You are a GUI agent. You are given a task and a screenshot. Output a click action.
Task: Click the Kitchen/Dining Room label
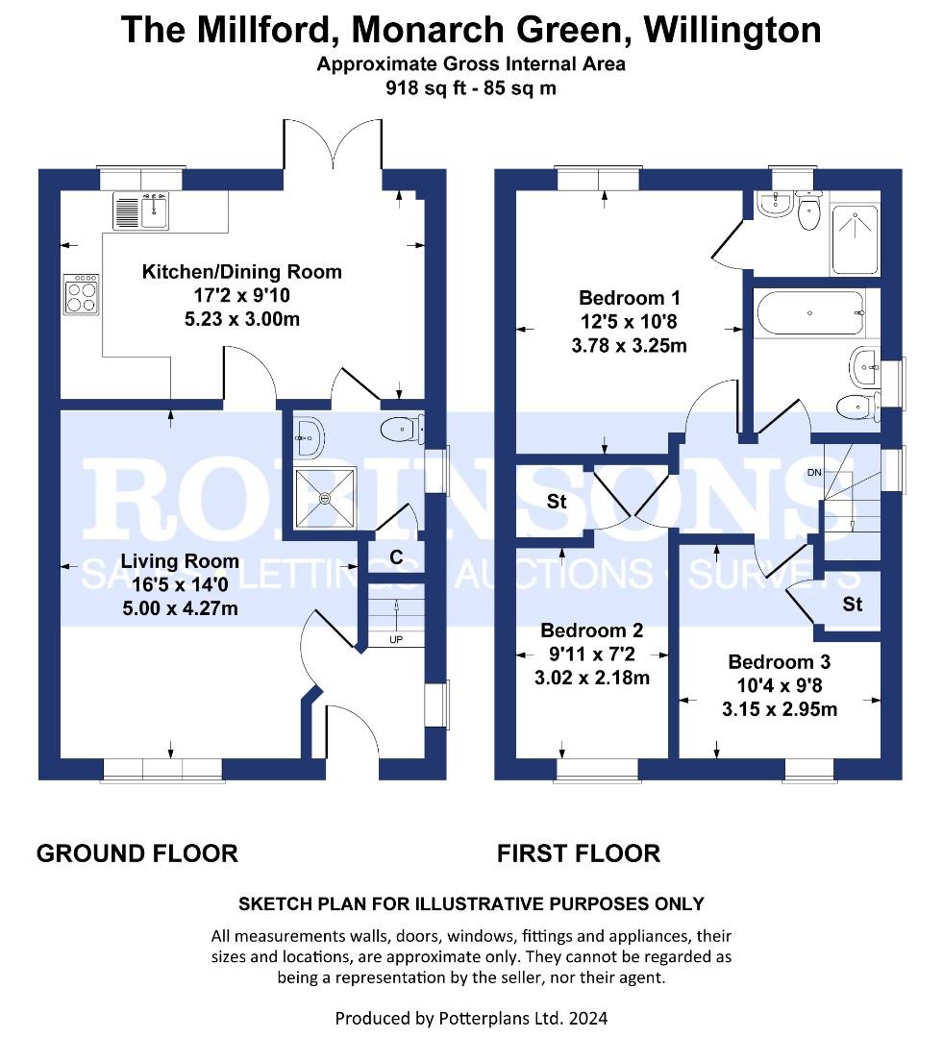pos(241,271)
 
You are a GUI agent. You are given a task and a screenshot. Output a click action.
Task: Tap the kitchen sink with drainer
pos(140,210)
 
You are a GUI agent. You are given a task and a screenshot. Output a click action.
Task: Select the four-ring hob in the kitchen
pos(82,294)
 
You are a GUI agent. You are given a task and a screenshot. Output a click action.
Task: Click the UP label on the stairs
pos(396,639)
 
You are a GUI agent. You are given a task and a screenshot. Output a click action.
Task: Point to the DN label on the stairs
pos(814,472)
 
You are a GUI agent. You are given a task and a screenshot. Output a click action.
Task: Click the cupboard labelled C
pos(396,557)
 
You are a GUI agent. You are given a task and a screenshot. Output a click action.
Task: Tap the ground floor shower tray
pos(325,498)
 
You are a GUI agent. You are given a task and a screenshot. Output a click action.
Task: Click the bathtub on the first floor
pos(810,313)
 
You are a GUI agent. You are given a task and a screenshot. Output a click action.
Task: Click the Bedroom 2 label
pos(592,630)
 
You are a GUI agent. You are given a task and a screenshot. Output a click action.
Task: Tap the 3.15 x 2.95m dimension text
pos(780,709)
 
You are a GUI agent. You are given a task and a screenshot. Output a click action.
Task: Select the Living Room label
pos(180,561)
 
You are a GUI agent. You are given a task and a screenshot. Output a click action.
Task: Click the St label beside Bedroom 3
pos(853,604)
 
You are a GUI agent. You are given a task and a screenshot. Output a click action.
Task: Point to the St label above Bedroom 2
pos(557,501)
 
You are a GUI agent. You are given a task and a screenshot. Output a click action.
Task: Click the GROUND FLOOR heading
pos(137,853)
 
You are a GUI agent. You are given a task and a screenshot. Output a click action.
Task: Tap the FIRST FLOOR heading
pos(579,853)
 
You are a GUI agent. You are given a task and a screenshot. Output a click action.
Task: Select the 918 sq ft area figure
pos(425,87)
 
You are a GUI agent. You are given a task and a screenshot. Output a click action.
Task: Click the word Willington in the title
pos(733,29)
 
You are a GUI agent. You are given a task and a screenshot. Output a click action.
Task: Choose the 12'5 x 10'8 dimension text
pos(629,322)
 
